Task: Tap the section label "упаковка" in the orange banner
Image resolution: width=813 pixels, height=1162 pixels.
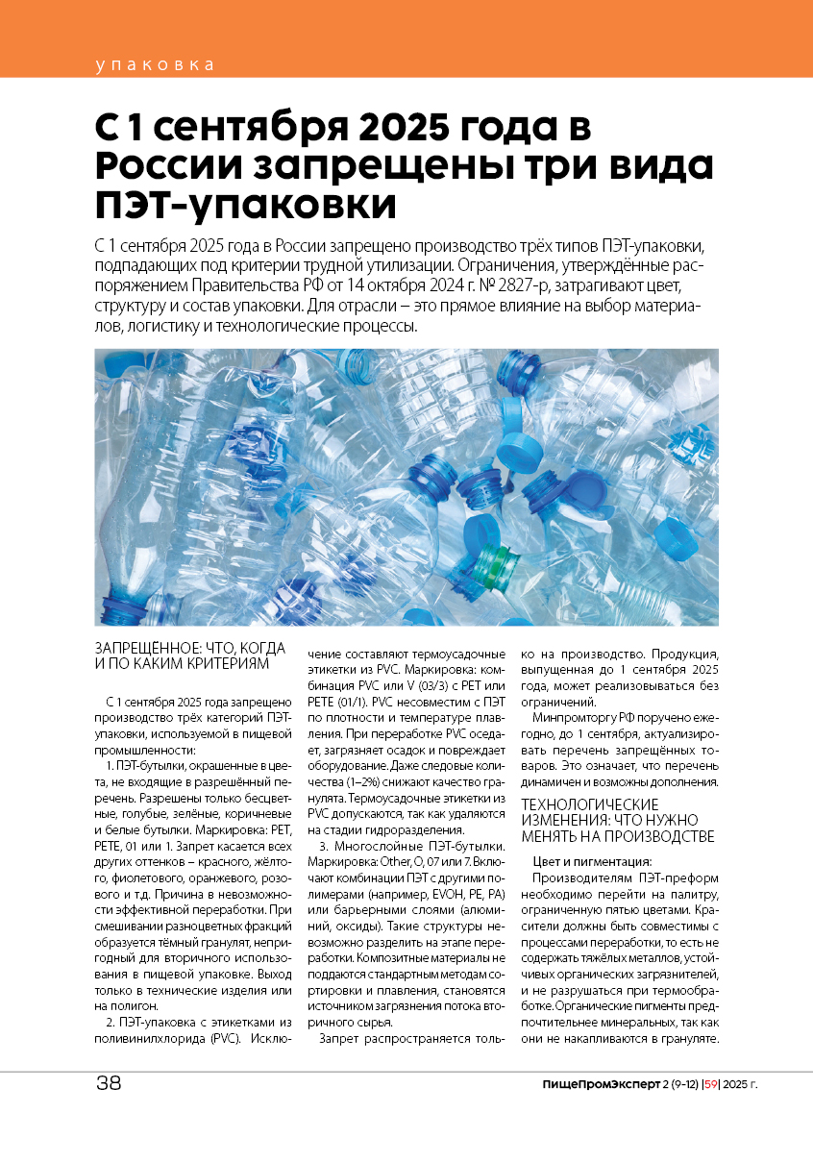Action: [154, 65]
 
